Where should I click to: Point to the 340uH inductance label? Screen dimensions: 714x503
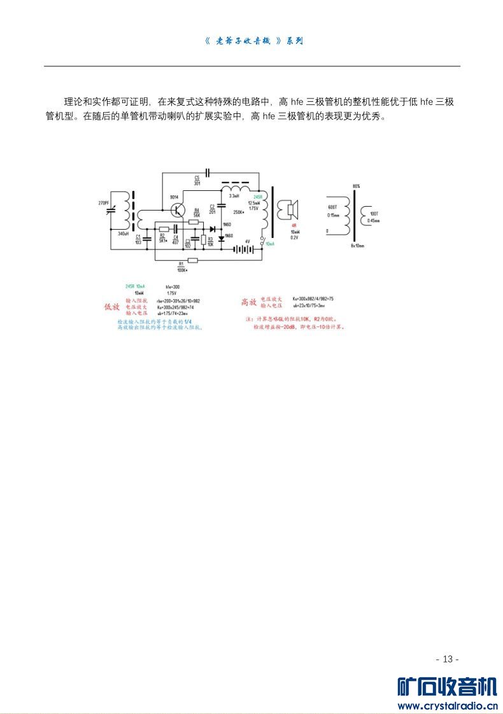tap(124, 234)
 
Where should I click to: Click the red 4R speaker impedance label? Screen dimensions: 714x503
tap(294, 226)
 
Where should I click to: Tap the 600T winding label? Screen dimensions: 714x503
tap(332, 207)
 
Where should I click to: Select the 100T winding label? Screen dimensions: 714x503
tap(374, 213)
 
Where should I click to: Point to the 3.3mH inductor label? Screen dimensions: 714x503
tap(234, 196)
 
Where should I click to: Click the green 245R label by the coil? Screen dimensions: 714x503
tap(258, 197)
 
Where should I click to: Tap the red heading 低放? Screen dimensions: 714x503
tap(111, 307)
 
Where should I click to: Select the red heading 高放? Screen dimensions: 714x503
tap(248, 302)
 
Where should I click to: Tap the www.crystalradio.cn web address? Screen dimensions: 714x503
tap(447, 705)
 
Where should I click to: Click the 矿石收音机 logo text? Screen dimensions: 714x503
tap(447, 687)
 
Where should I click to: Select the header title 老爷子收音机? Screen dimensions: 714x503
tap(244, 41)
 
